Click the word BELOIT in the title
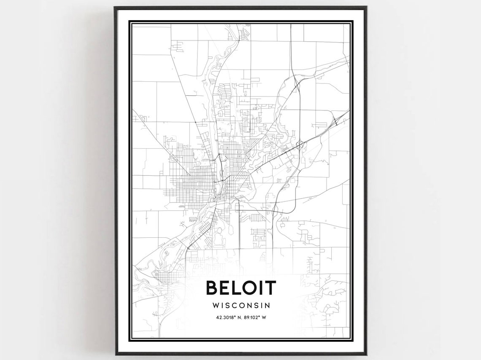[241, 288]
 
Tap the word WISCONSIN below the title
[241, 305]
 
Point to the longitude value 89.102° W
[254, 317]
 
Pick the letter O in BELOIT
[248, 288]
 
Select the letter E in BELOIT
[225, 288]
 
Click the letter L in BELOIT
[236, 288]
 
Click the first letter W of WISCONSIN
[216, 305]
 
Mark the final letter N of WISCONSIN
[267, 305]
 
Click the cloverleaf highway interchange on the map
[300, 145]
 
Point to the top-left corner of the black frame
[115, 8]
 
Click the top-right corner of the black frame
[365, 8]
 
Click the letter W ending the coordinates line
[264, 317]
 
